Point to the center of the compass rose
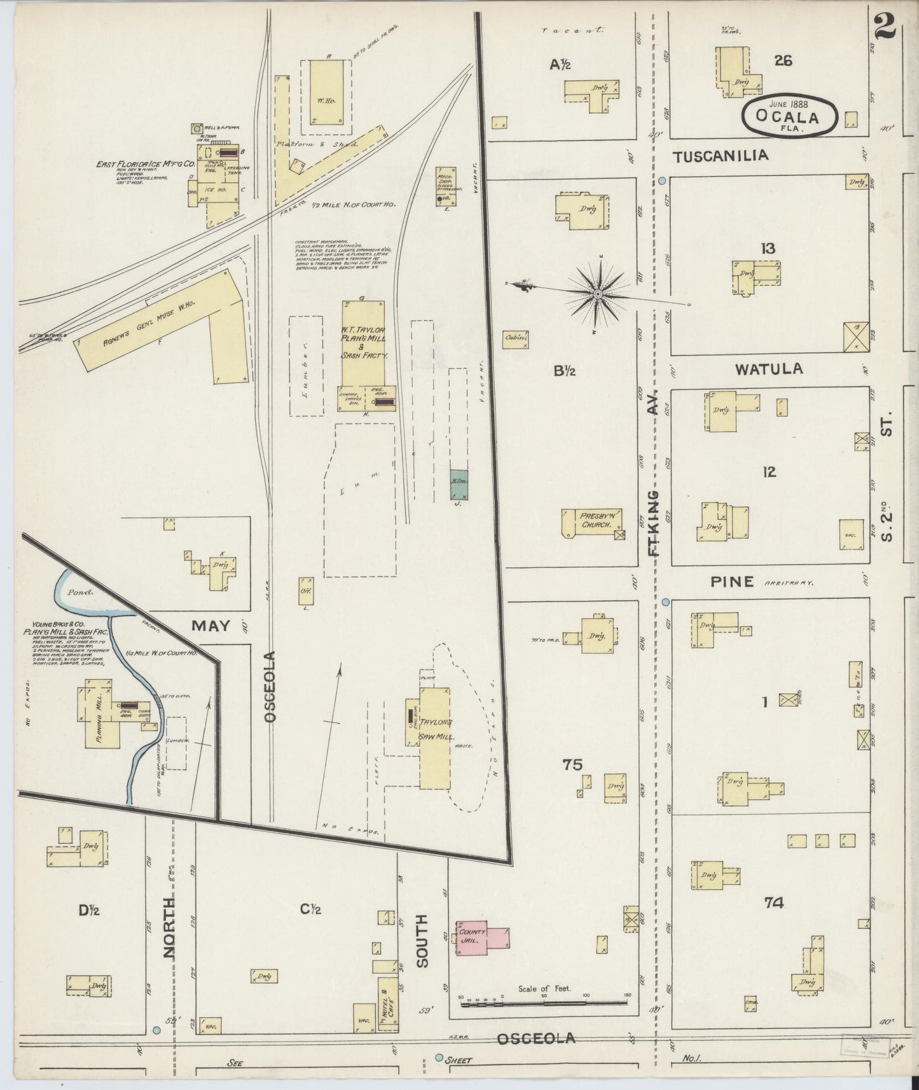point(598,294)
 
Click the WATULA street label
point(768,369)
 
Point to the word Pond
point(81,591)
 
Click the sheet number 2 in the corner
point(885,25)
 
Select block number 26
point(782,61)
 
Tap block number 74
point(775,902)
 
